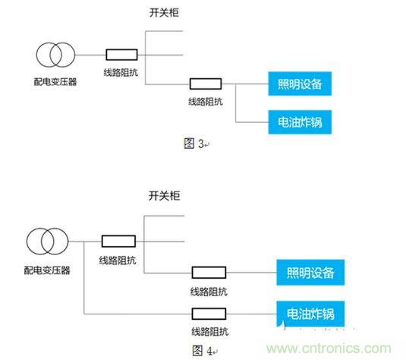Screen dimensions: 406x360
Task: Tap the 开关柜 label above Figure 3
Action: (x=164, y=12)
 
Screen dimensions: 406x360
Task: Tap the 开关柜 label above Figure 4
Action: (x=164, y=196)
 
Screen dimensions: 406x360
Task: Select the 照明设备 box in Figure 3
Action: (x=300, y=84)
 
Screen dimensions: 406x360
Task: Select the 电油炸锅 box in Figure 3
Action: (x=300, y=122)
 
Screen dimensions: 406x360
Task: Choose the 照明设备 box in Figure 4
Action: (x=310, y=273)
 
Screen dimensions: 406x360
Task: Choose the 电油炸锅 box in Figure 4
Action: (x=310, y=314)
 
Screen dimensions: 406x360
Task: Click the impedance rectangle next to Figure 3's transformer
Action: (x=121, y=55)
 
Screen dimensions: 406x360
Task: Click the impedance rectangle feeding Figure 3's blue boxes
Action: (x=206, y=84)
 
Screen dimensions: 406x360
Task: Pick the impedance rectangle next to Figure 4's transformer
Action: (x=118, y=241)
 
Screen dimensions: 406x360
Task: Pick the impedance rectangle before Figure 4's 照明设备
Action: (x=209, y=273)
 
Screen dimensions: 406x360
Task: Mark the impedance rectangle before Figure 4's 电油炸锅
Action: (x=209, y=314)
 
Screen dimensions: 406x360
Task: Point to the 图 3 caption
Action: (x=194, y=144)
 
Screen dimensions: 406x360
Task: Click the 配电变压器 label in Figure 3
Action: (x=55, y=81)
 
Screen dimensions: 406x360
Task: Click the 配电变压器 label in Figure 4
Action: (x=47, y=270)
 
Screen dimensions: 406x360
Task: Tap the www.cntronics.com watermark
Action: (x=329, y=348)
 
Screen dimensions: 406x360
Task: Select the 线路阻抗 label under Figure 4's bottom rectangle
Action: (x=209, y=331)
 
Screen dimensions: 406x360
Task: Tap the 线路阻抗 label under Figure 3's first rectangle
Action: (x=121, y=72)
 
